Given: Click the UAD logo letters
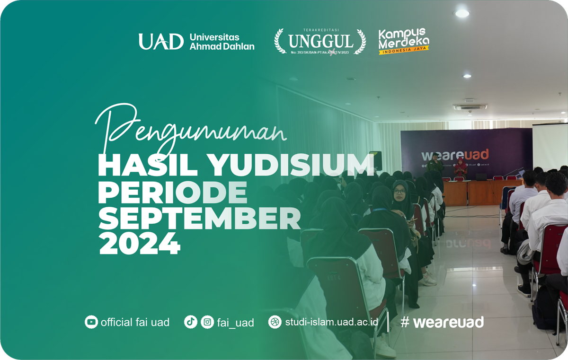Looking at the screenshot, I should pyautogui.click(x=160, y=42).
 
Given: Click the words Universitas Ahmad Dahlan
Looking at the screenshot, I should pyautogui.click(x=222, y=42).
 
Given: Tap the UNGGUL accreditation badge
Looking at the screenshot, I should pyautogui.click(x=320, y=41).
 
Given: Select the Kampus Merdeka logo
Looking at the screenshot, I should pyautogui.click(x=403, y=41).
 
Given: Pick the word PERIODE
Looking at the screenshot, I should pyautogui.click(x=172, y=193).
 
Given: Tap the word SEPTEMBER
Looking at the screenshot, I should pyautogui.click(x=199, y=219).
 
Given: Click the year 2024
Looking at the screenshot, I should pyautogui.click(x=139, y=245).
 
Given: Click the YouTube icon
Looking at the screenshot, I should pyautogui.click(x=91, y=322).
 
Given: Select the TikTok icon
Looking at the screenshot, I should pyautogui.click(x=190, y=322).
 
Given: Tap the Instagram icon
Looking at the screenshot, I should pyautogui.click(x=207, y=322).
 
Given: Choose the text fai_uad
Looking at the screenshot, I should pyautogui.click(x=235, y=323).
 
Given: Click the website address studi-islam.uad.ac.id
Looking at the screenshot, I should pyautogui.click(x=331, y=322).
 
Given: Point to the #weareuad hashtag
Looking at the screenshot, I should pyautogui.click(x=442, y=322).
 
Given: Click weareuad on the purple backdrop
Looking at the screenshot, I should pyautogui.click(x=455, y=155).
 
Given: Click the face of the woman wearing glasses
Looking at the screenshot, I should pyautogui.click(x=400, y=192).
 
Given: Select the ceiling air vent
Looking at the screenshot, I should pyautogui.click(x=470, y=107).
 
